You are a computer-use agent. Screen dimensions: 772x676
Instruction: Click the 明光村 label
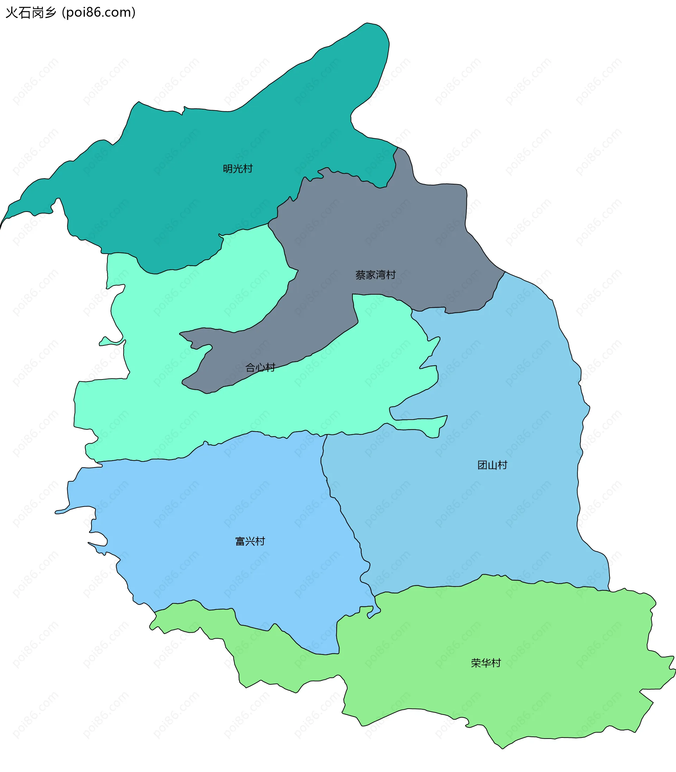(x=238, y=169)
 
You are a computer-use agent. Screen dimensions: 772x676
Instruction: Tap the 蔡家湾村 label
(x=375, y=275)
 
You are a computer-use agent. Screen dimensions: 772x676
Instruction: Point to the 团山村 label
(x=492, y=465)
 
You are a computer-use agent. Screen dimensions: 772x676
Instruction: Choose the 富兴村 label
(x=250, y=541)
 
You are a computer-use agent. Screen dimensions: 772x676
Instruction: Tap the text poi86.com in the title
(x=99, y=12)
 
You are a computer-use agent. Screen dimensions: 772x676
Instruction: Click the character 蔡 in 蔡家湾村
(x=360, y=275)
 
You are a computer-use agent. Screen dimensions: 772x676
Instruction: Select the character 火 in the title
(x=12, y=12)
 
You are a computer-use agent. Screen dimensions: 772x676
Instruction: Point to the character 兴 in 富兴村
(x=250, y=541)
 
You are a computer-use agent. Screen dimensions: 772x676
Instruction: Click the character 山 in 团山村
(x=492, y=465)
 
